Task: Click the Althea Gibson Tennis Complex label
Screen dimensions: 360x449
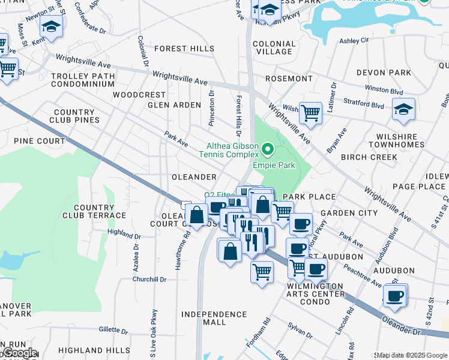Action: pos(232,150)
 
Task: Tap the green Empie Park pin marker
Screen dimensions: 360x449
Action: pos(268,148)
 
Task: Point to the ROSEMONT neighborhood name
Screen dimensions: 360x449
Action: pos(289,79)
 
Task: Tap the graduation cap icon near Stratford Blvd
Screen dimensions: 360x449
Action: pos(403,109)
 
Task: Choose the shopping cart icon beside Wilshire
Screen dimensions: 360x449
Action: pos(310,112)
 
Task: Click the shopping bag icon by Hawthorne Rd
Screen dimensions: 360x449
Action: pos(197,214)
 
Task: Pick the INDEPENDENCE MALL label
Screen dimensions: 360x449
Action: pos(214,318)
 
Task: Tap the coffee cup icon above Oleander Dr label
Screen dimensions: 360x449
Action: pos(395,295)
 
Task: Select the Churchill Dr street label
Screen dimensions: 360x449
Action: pos(149,279)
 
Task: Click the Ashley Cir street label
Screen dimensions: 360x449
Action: pos(354,41)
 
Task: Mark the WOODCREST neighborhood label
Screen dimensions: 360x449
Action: pos(139,95)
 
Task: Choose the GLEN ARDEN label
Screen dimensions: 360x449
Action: pos(175,105)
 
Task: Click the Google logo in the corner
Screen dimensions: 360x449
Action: pos(19,353)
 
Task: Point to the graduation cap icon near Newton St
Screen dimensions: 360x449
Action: pos(52,27)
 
